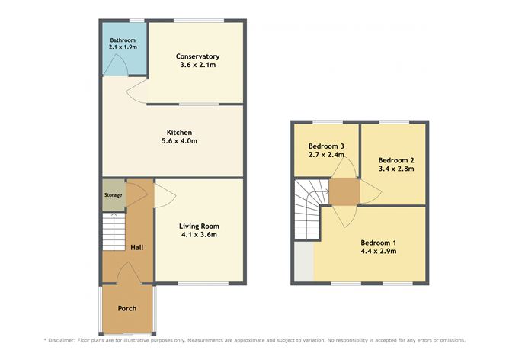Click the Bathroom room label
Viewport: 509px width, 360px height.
(122, 40)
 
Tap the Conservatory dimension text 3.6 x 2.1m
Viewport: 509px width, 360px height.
(197, 66)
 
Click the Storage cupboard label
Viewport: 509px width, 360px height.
(113, 195)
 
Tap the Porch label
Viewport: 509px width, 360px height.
(126, 309)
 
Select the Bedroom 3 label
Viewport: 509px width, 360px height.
(326, 146)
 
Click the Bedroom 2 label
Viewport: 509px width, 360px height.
(396, 159)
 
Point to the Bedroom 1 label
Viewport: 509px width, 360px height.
(378, 242)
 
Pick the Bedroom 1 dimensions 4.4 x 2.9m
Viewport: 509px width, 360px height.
(378, 251)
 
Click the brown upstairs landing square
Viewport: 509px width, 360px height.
(344, 192)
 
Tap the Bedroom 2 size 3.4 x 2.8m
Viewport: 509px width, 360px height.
(396, 169)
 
